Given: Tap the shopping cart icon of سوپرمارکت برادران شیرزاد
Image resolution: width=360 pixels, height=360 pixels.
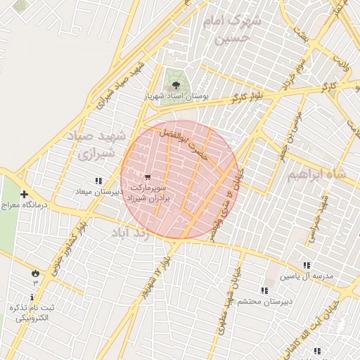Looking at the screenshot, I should click(x=147, y=177).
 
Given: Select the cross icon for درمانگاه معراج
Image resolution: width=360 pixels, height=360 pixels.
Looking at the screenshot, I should click(x=25, y=194).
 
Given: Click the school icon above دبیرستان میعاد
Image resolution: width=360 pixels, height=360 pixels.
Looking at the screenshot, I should click(x=98, y=181).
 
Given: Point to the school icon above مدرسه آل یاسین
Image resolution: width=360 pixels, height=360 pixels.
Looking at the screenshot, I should click(x=306, y=265).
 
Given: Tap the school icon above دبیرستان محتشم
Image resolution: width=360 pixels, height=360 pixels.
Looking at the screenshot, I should click(x=264, y=290).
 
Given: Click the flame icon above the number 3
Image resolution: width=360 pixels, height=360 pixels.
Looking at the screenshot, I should click(x=35, y=272).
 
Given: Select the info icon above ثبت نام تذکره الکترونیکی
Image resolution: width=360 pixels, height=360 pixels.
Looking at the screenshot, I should click(x=32, y=297).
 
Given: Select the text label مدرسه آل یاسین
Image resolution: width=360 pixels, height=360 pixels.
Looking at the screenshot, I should click(x=306, y=276).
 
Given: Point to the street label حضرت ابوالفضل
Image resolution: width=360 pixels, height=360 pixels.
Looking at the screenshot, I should click(x=186, y=144).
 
